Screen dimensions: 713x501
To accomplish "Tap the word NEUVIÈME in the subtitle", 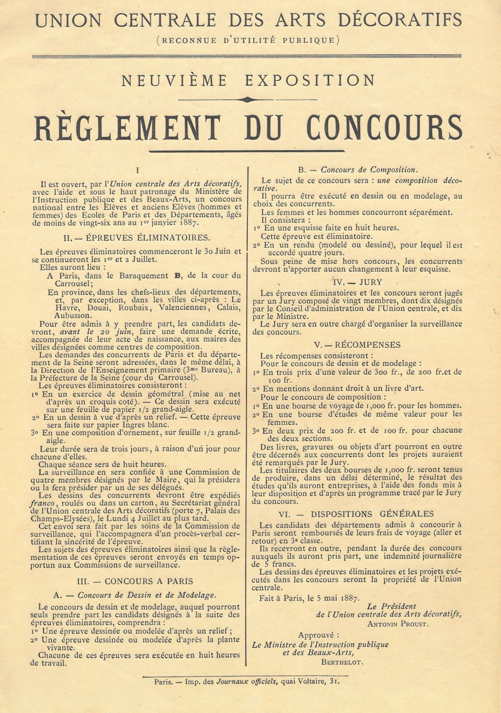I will click(x=174, y=81).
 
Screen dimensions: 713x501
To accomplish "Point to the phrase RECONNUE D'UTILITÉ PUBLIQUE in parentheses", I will click(x=248, y=40).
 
